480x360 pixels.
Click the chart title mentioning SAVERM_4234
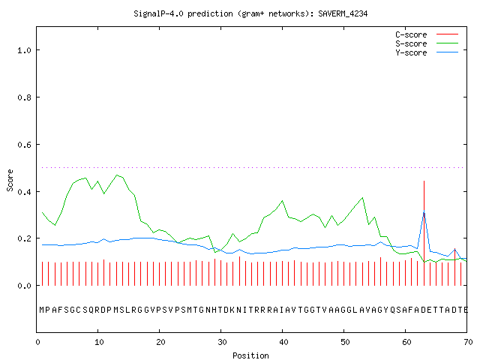[x=250, y=13]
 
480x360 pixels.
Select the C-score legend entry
[x=427, y=34]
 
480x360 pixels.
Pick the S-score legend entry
[x=427, y=43]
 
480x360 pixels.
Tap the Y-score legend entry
[x=427, y=52]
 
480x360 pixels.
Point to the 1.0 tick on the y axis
[x=24, y=50]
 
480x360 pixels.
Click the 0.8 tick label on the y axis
[x=24, y=97]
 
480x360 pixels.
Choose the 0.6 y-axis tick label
[x=24, y=145]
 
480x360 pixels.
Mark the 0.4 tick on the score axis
[x=24, y=192]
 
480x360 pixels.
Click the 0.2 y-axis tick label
[x=24, y=238]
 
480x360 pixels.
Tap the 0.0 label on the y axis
[x=24, y=286]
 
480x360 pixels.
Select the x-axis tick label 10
[x=99, y=342]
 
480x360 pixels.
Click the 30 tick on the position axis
[x=222, y=342]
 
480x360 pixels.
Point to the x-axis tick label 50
[x=345, y=342]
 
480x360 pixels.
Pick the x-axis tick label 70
[x=468, y=342]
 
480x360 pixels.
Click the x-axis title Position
[x=250, y=355]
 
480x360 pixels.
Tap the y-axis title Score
[x=10, y=180]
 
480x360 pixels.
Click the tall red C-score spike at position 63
[x=424, y=233]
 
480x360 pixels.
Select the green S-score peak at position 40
[x=282, y=201]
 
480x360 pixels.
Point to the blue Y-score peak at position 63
[x=424, y=211]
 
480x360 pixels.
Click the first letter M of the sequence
[x=42, y=310]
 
